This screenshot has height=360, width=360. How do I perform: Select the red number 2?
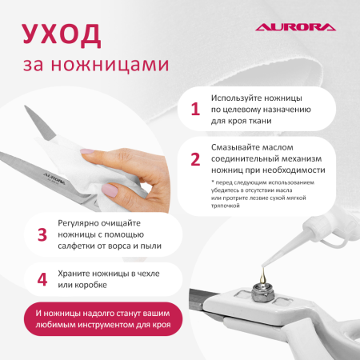point(194,158)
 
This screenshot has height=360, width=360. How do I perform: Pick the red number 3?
point(42,234)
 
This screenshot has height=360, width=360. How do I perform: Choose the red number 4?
point(42,280)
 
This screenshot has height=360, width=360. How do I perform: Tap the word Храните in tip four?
point(78,274)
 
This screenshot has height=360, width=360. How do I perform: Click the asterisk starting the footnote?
point(213,183)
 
